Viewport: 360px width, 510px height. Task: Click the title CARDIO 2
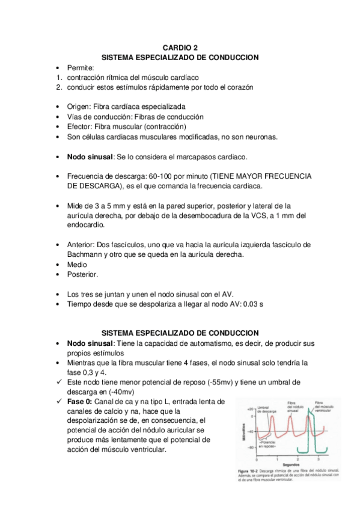(180, 47)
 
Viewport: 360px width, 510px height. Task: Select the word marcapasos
(197, 157)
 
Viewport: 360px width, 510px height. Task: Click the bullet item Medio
(76, 265)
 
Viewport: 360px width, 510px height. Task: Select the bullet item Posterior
(82, 274)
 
